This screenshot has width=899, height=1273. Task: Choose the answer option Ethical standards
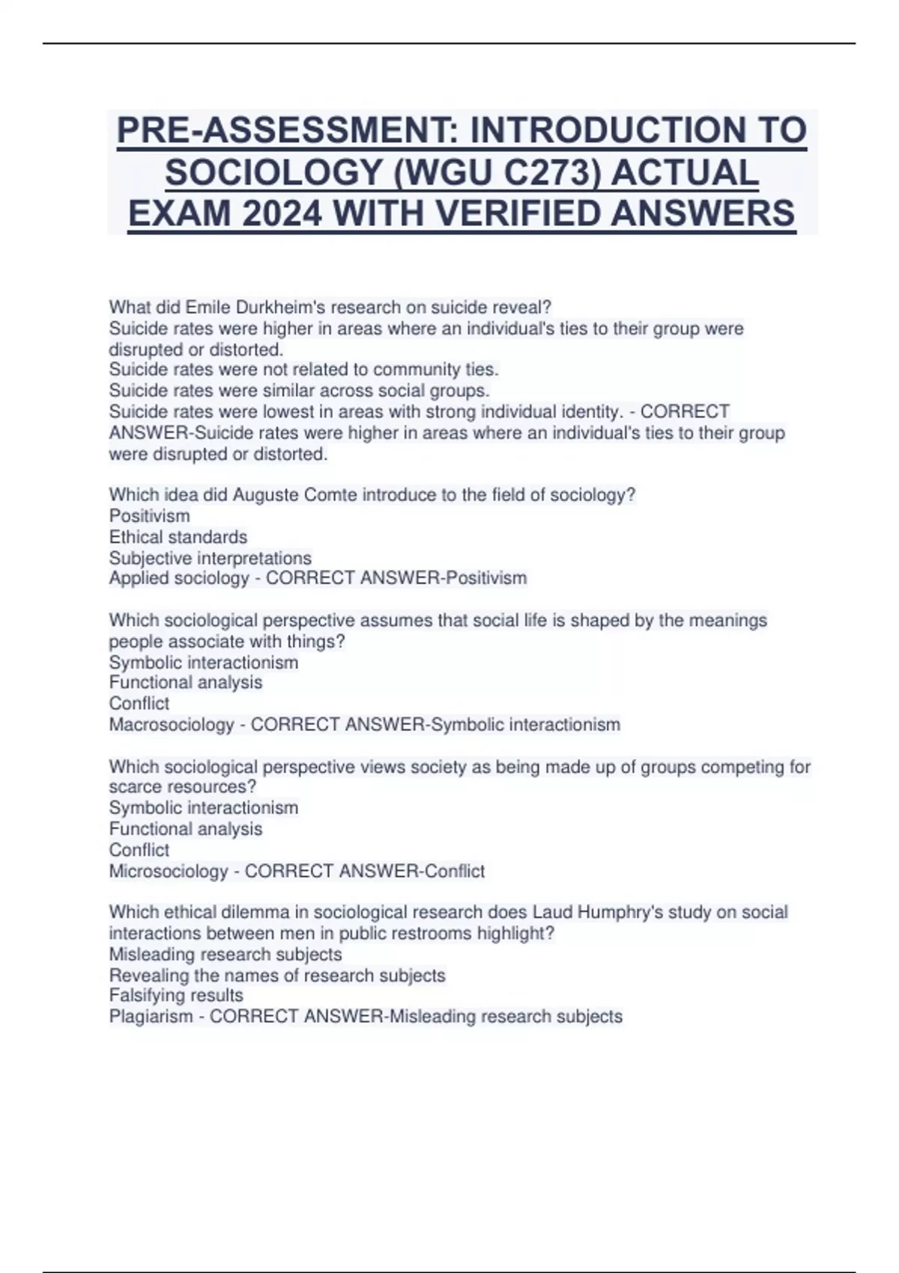click(178, 537)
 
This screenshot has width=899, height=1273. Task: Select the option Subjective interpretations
click(211, 558)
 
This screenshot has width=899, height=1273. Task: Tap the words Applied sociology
click(179, 578)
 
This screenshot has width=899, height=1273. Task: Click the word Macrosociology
click(172, 725)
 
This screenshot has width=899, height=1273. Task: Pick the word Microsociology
click(169, 871)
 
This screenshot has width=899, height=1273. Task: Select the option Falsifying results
click(176, 995)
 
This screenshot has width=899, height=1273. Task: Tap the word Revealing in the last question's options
click(148, 975)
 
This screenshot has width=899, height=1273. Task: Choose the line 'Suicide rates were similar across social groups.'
click(299, 390)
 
